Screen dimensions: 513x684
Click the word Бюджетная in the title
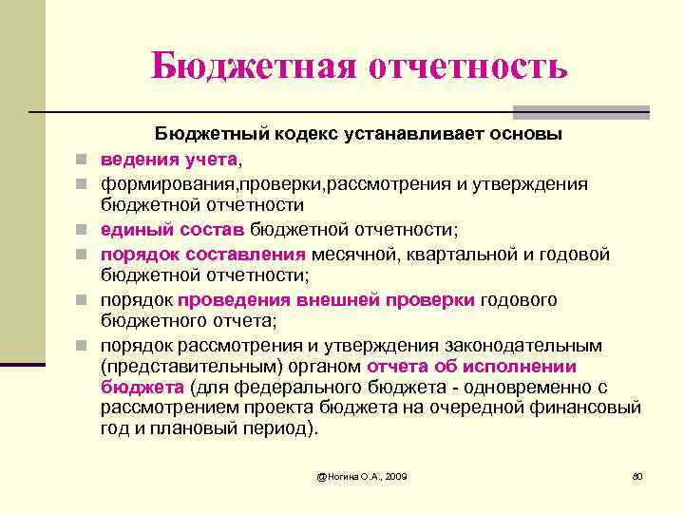pos(246,66)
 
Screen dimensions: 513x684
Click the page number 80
pos(637,474)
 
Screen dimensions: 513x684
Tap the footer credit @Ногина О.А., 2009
pos(362,474)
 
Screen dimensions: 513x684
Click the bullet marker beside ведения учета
pos(85,159)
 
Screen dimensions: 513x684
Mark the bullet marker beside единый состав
pos(85,230)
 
